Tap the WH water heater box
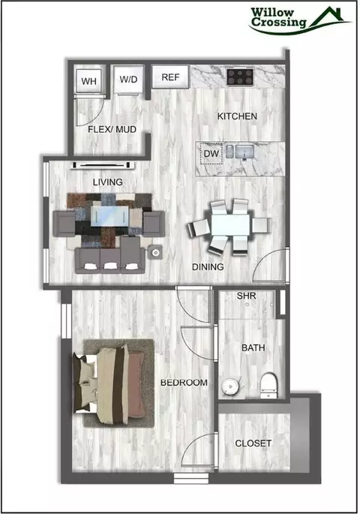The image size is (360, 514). tap(89, 80)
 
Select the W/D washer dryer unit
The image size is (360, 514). tap(128, 79)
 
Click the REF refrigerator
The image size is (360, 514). tap(170, 77)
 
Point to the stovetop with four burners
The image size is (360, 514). tap(240, 77)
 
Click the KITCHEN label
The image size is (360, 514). tap(237, 116)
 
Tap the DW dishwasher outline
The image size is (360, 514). tap(211, 153)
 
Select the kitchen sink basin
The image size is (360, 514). tap(244, 152)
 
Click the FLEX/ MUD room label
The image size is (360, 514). tap(112, 130)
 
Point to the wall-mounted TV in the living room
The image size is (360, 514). tap(103, 165)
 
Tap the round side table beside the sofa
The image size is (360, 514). tap(155, 252)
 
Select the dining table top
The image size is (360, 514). tap(231, 225)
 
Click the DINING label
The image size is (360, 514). tap(208, 267)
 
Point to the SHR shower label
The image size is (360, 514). tap(246, 296)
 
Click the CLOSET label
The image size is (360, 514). tap(253, 443)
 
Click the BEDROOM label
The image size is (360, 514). tap(184, 383)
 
